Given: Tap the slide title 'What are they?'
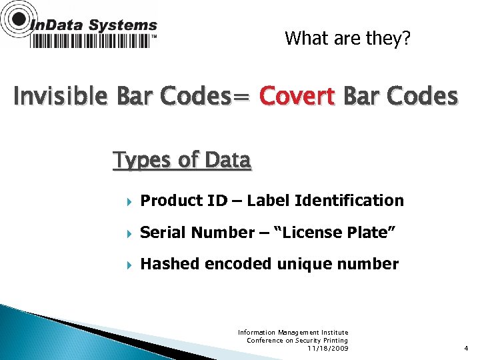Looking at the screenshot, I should pyautogui.click(x=347, y=39).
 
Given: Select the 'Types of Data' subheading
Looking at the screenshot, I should pyautogui.click(x=182, y=161).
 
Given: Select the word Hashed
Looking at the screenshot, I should pyautogui.click(x=170, y=265).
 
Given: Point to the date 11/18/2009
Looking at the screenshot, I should pyautogui.click(x=327, y=349).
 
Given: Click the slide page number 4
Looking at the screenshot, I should pyautogui.click(x=466, y=348).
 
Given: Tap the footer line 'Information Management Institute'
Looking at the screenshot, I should pyautogui.click(x=293, y=332).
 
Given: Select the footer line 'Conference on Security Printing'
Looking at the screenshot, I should pyautogui.click(x=297, y=340).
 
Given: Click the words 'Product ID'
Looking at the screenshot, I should pyautogui.click(x=177, y=201).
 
